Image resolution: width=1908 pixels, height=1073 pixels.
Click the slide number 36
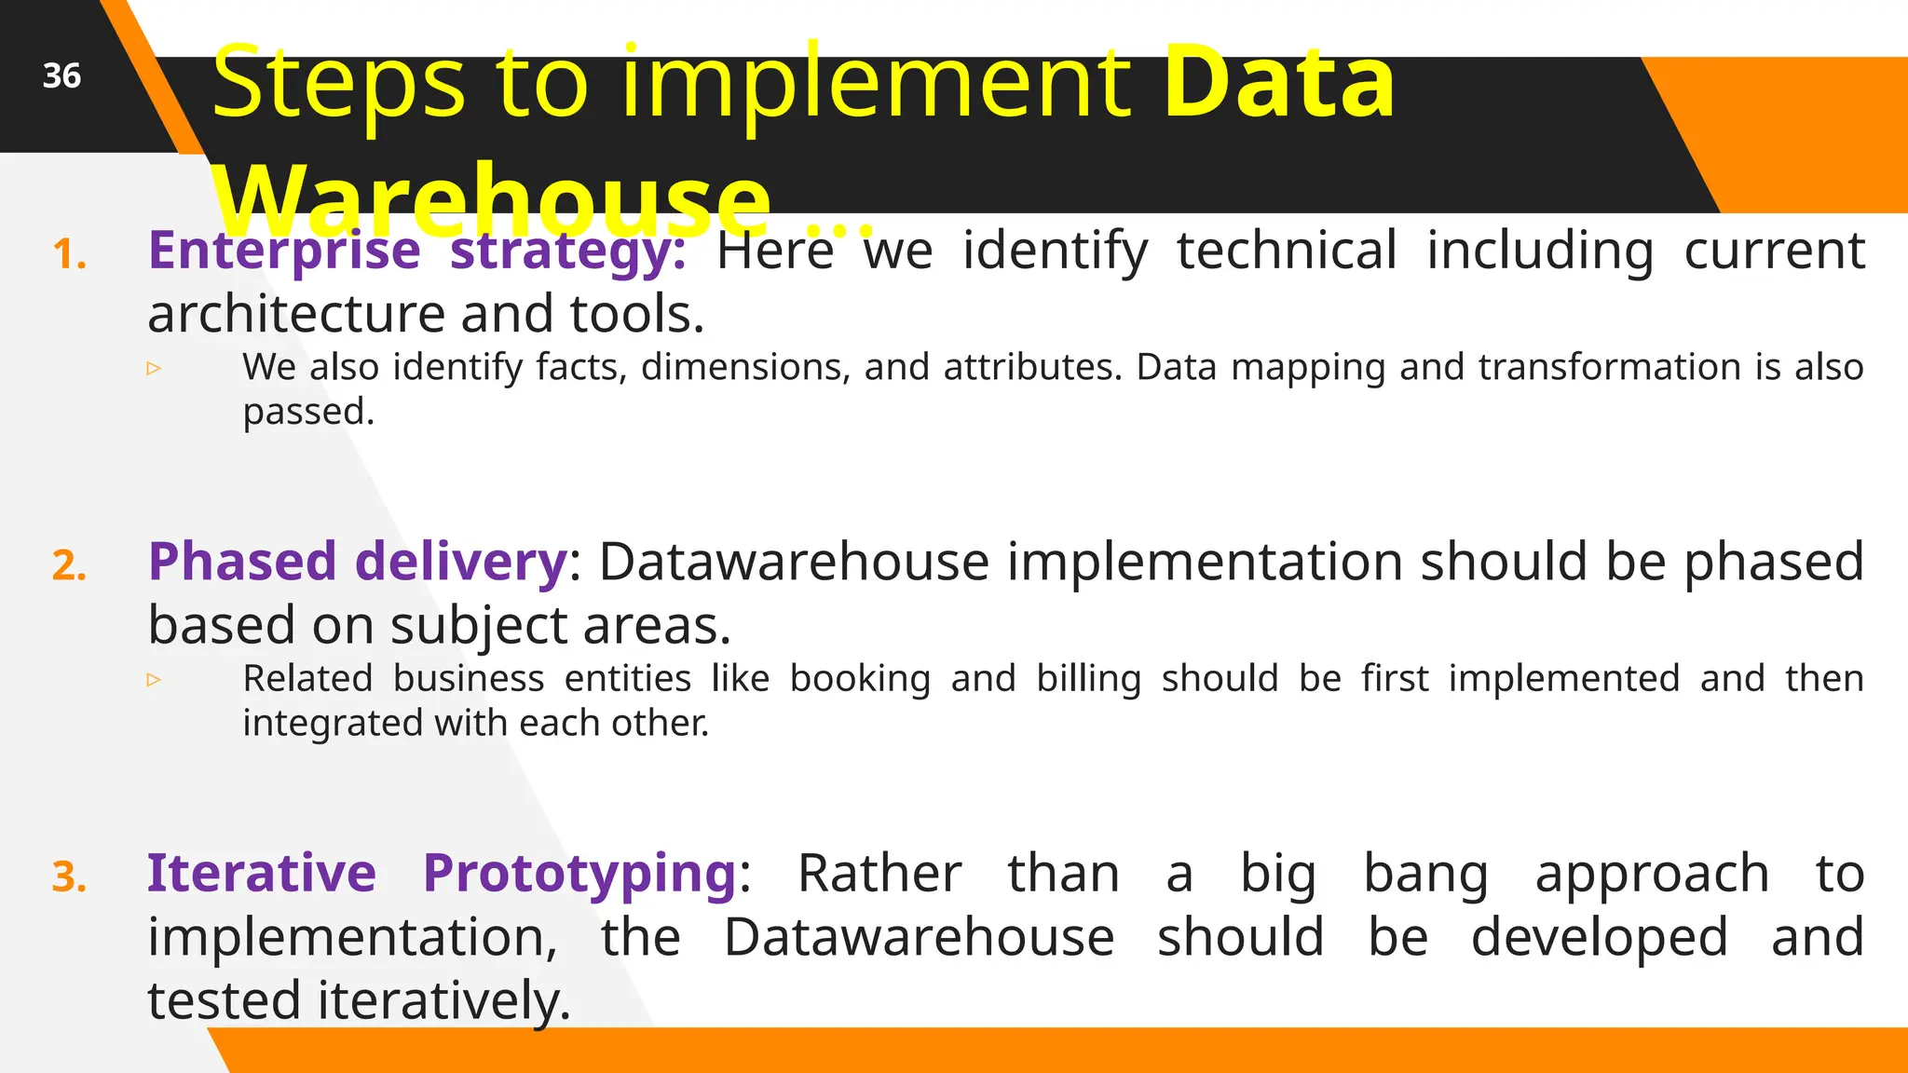[x=61, y=75]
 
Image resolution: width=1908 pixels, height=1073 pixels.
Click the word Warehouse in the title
[x=492, y=198]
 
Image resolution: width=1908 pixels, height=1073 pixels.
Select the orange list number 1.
[x=70, y=254]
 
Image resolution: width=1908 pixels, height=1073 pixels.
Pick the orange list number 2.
[x=70, y=565]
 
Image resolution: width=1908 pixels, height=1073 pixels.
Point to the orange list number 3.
[x=70, y=876]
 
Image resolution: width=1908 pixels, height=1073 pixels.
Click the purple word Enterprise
[x=284, y=251]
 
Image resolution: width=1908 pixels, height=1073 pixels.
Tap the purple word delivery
[x=460, y=562]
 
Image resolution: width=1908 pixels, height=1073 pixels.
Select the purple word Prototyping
[x=580, y=874]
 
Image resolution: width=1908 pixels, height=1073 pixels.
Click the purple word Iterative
[x=261, y=874]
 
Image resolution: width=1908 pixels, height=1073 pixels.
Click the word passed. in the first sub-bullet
[x=308, y=412]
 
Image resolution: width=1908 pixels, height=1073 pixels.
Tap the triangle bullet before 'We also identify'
[x=155, y=369]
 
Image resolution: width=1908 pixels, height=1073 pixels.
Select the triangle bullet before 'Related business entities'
[x=155, y=680]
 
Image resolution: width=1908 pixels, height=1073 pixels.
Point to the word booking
[x=860, y=679]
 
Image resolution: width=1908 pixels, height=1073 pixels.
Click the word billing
[x=1088, y=679]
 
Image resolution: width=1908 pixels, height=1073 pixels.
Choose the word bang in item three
[x=1425, y=874]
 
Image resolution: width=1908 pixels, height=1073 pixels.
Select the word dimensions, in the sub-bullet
[x=745, y=367]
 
